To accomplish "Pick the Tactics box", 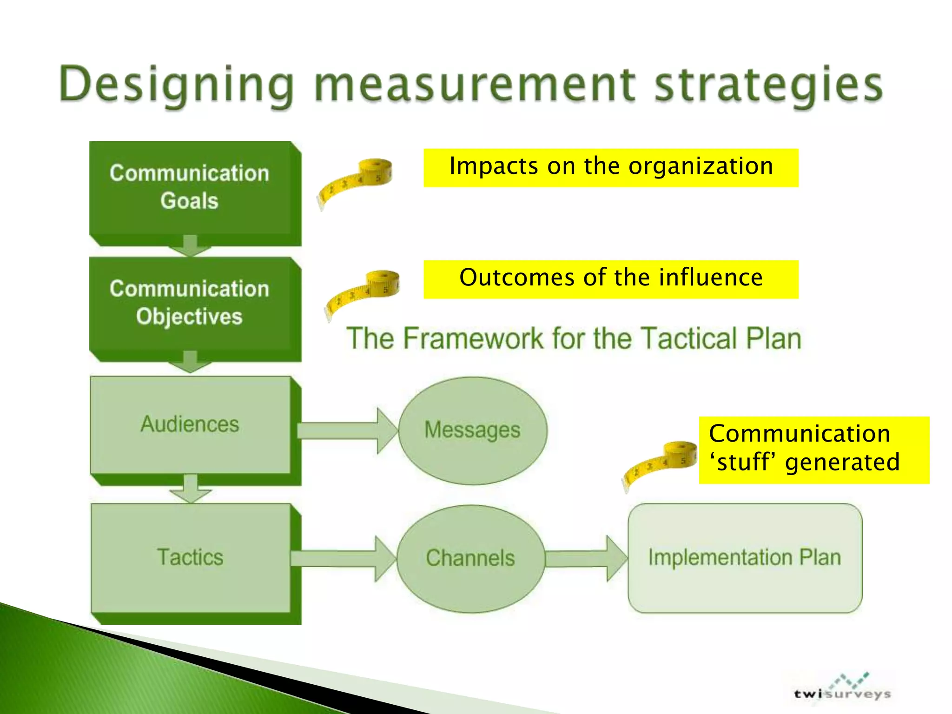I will [191, 558].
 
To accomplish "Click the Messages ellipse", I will [473, 430].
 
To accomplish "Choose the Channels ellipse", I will [470, 558].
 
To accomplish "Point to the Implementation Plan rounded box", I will [745, 558].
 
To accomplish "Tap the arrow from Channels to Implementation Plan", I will [586, 558].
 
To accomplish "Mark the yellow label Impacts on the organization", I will [611, 167].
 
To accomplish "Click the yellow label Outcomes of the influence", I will [611, 279].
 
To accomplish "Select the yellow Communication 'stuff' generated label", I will [813, 450].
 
